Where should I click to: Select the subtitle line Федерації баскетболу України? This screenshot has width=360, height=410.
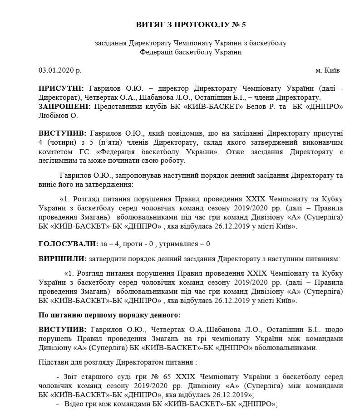[191, 52]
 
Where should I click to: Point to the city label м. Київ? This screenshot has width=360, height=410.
[327, 71]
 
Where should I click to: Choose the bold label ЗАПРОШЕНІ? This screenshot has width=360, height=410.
[64, 106]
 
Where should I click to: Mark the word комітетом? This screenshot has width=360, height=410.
[54, 151]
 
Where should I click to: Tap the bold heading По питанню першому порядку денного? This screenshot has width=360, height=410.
[109, 315]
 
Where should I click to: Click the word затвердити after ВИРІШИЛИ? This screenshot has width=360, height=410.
[108, 259]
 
